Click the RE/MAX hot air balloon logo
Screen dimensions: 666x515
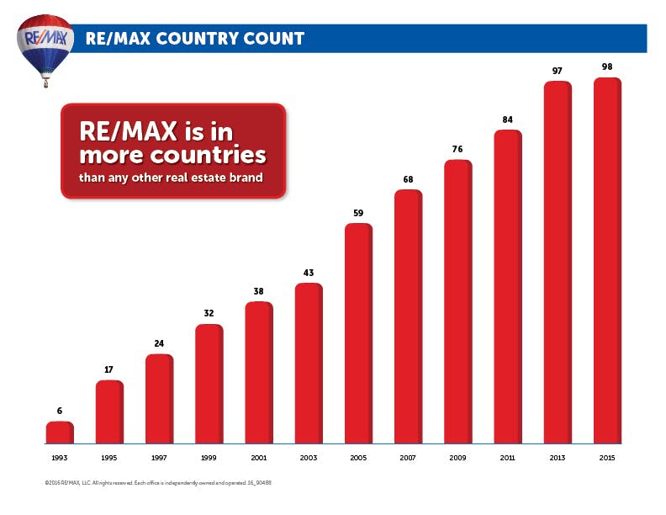click(x=45, y=49)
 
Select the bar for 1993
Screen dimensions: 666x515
click(x=60, y=433)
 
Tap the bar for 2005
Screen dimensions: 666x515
click(x=358, y=333)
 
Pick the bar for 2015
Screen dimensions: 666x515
click(x=607, y=261)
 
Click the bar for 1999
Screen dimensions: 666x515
click(x=209, y=384)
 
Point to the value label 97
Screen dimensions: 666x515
click(x=558, y=71)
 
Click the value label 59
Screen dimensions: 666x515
click(x=358, y=213)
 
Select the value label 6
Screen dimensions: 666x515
click(x=60, y=411)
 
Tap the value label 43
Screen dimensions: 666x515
click(x=309, y=273)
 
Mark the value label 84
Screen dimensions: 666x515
click(x=508, y=119)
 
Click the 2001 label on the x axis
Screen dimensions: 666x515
click(x=259, y=458)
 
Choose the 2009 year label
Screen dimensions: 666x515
click(x=457, y=458)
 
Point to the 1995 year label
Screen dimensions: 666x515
click(x=109, y=458)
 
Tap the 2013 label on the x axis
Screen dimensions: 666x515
click(x=558, y=458)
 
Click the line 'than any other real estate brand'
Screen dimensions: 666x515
click(x=171, y=178)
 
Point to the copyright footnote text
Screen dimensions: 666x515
click(x=158, y=483)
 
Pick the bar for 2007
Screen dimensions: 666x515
click(x=408, y=316)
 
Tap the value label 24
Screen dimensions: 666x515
click(x=159, y=343)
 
